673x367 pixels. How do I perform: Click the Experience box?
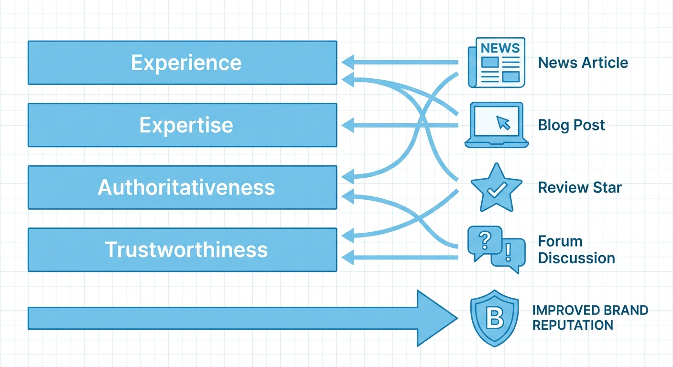point(182,63)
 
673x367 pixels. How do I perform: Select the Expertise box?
point(182,125)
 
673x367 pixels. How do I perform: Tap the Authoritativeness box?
point(182,187)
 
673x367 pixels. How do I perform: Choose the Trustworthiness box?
point(182,250)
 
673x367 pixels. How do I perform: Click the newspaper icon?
point(496,63)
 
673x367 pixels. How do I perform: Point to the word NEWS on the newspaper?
point(500,48)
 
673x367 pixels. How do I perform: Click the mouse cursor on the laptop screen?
point(503,123)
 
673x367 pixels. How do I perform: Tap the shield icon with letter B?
point(494,317)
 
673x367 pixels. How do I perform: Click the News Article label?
point(583,63)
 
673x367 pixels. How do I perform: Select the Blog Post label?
point(571,125)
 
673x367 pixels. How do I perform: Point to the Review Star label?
point(579,187)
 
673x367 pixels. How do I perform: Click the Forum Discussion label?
point(576,249)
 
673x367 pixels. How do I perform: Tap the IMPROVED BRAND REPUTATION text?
point(589,317)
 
